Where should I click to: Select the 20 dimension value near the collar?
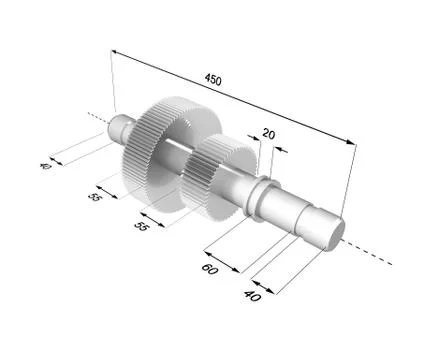[x=268, y=133]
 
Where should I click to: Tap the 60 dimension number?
[x=211, y=269]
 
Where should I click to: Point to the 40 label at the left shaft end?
[x=44, y=166]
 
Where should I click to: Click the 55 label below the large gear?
[x=95, y=197]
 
